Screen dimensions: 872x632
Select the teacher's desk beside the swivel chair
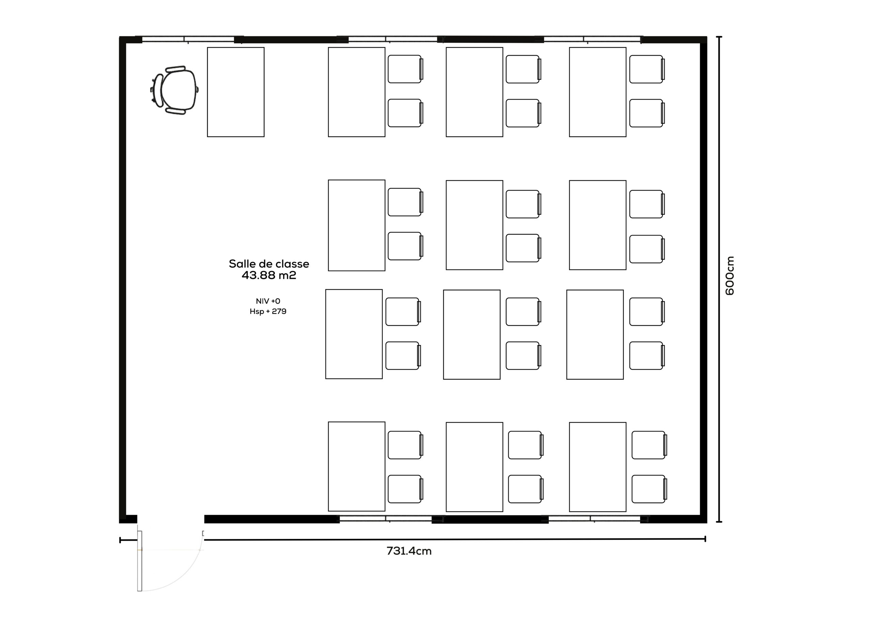pyautogui.click(x=236, y=92)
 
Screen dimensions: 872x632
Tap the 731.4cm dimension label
pyautogui.click(x=409, y=551)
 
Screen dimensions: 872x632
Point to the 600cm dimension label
pyautogui.click(x=729, y=276)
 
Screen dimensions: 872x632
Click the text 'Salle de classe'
pyautogui.click(x=269, y=264)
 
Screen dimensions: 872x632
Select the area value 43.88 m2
pyautogui.click(x=269, y=275)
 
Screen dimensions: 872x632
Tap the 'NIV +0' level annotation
pyautogui.click(x=268, y=301)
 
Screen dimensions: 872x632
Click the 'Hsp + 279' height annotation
pyautogui.click(x=268, y=311)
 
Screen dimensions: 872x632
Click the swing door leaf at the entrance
pyautogui.click(x=140, y=561)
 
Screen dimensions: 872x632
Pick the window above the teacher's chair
pyautogui.click(x=188, y=39)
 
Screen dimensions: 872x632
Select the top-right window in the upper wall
pyautogui.click(x=592, y=39)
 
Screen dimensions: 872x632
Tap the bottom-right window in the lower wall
pyautogui.click(x=594, y=519)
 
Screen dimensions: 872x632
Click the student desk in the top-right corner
pyautogui.click(x=597, y=92)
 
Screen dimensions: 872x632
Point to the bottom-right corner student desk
pyautogui.click(x=597, y=467)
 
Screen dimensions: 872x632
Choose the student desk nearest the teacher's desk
pyautogui.click(x=356, y=92)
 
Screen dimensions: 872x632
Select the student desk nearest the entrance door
pyautogui.click(x=356, y=467)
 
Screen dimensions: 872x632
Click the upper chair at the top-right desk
pyautogui.click(x=647, y=69)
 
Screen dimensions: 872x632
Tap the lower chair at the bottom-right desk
pyautogui.click(x=649, y=489)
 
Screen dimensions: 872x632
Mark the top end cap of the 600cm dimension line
pyautogui.click(x=719, y=37)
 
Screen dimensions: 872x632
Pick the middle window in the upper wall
pyautogui.click(x=393, y=39)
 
